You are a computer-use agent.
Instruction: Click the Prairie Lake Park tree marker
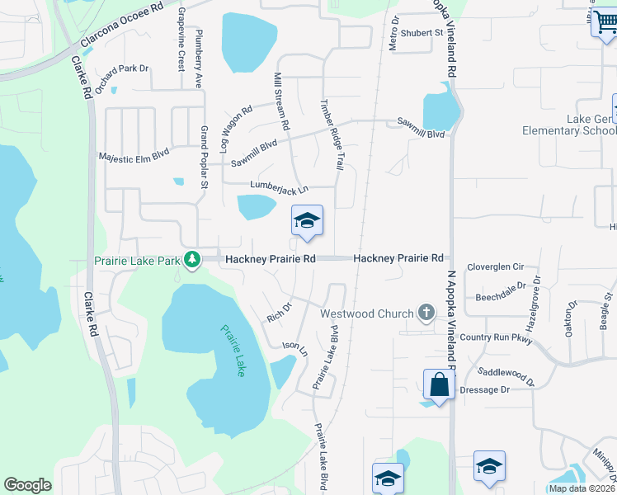tap(192, 260)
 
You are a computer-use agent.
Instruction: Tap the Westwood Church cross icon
tap(426, 313)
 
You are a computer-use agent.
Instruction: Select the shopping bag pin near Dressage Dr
tap(439, 384)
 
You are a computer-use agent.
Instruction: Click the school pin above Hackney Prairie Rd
tap(307, 221)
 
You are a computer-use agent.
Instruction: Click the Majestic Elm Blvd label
tap(134, 154)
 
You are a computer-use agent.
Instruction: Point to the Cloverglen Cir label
tap(496, 267)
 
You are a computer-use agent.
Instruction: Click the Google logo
tap(27, 485)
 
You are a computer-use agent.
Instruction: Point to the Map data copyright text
tap(582, 488)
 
